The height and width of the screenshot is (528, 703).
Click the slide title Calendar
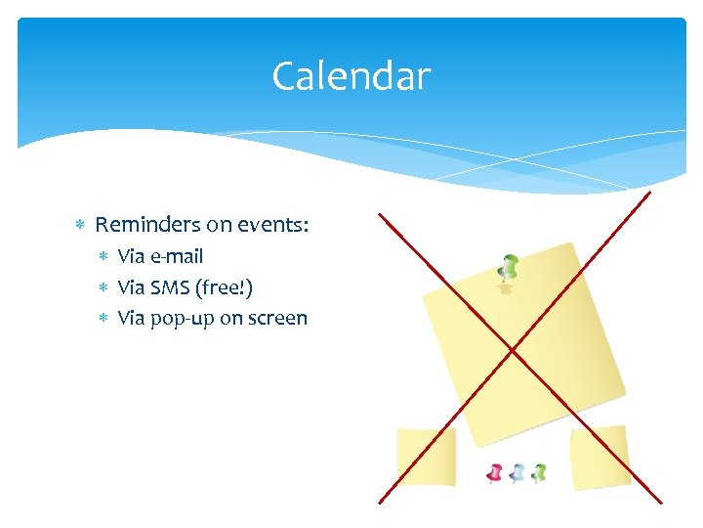tap(351, 76)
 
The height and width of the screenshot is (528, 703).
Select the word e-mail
tap(176, 257)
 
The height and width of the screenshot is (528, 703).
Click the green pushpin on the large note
tap(507, 267)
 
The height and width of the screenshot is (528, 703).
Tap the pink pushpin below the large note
tap(495, 473)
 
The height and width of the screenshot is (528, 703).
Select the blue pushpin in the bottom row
tap(517, 473)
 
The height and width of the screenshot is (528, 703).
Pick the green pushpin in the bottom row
tap(539, 473)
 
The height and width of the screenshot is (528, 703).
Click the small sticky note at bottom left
tap(426, 457)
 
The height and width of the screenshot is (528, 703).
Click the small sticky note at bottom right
tap(600, 456)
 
